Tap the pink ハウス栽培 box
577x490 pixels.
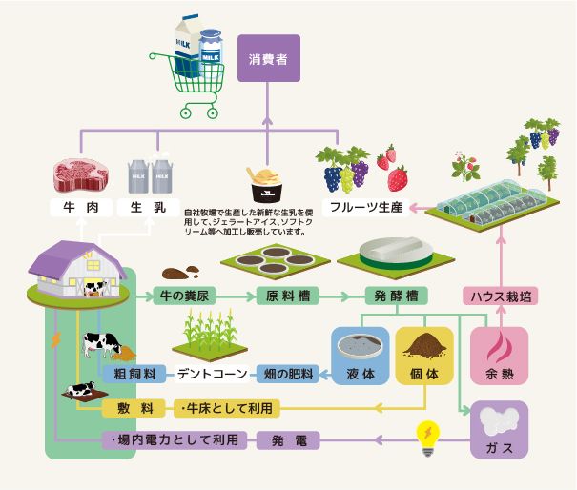point(501,296)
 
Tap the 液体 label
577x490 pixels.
point(361,373)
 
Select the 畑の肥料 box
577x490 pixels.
point(287,373)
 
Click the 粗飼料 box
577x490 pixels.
point(134,373)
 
